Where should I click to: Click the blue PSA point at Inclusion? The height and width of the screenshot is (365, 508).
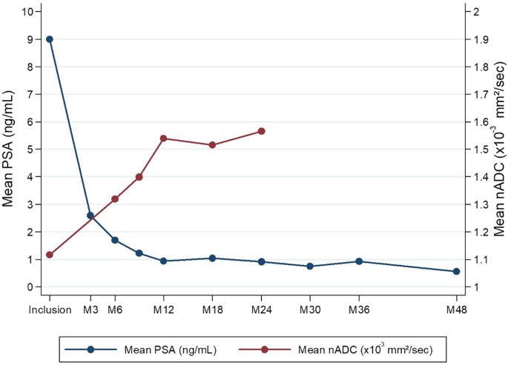click(50, 39)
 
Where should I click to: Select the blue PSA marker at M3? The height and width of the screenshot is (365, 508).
click(90, 215)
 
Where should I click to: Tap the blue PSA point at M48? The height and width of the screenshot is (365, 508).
click(456, 272)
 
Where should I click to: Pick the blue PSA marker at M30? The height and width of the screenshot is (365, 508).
click(310, 266)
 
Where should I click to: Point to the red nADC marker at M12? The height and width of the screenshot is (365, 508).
click(163, 138)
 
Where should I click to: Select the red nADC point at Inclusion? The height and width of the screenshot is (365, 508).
click(50, 255)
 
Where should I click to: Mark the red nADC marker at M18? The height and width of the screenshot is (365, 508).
click(212, 144)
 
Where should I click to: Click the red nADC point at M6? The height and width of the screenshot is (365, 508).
click(115, 198)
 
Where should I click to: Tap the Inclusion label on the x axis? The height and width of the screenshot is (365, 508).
click(50, 309)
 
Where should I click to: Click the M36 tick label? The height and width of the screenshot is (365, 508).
click(359, 309)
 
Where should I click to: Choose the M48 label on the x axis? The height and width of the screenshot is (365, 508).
click(456, 309)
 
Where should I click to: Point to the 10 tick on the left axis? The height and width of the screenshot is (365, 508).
click(27, 12)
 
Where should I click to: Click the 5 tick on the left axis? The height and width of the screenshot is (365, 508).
click(30, 150)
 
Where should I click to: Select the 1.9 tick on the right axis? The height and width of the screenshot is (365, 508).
click(480, 39)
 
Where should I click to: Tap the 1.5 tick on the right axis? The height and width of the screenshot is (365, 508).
click(480, 150)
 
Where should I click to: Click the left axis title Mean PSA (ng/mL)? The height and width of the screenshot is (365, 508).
click(10, 150)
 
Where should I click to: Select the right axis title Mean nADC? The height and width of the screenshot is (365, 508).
click(500, 150)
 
